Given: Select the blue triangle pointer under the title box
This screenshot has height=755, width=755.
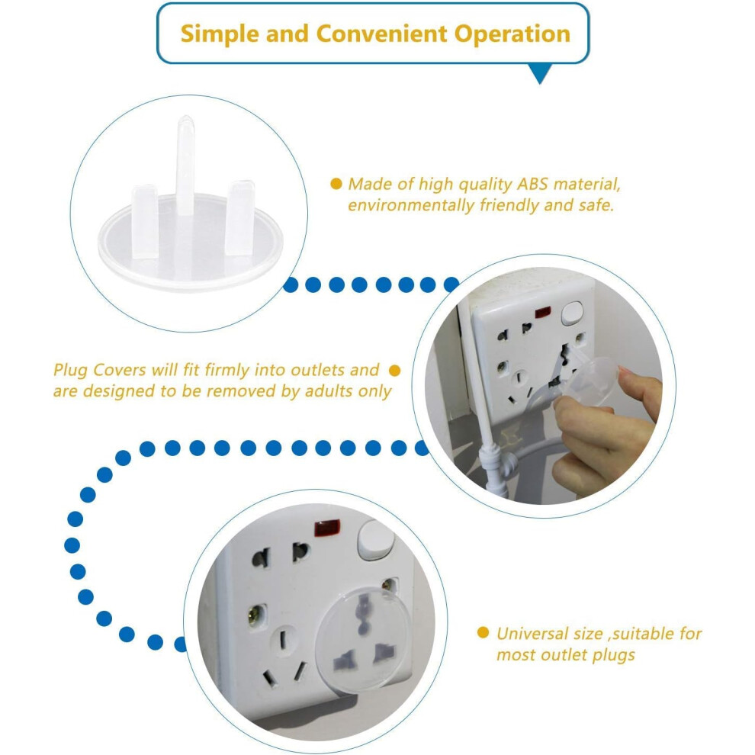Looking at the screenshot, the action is click(540, 72).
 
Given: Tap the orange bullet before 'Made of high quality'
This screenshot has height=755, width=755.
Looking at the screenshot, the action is click(336, 184).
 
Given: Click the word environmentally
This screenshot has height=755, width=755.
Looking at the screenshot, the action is click(411, 206).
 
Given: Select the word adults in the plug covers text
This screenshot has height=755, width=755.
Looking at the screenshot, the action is click(328, 391).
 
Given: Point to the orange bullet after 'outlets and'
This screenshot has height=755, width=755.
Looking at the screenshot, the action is click(394, 371).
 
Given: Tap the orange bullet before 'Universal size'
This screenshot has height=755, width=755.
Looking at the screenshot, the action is click(483, 633).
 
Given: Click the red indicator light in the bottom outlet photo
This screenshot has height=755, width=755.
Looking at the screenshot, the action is click(327, 528).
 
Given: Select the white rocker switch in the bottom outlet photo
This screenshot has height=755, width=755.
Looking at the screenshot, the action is click(375, 540).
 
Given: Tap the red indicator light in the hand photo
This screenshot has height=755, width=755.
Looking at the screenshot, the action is click(543, 312).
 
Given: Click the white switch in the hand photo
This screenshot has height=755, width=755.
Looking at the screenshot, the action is click(572, 313).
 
